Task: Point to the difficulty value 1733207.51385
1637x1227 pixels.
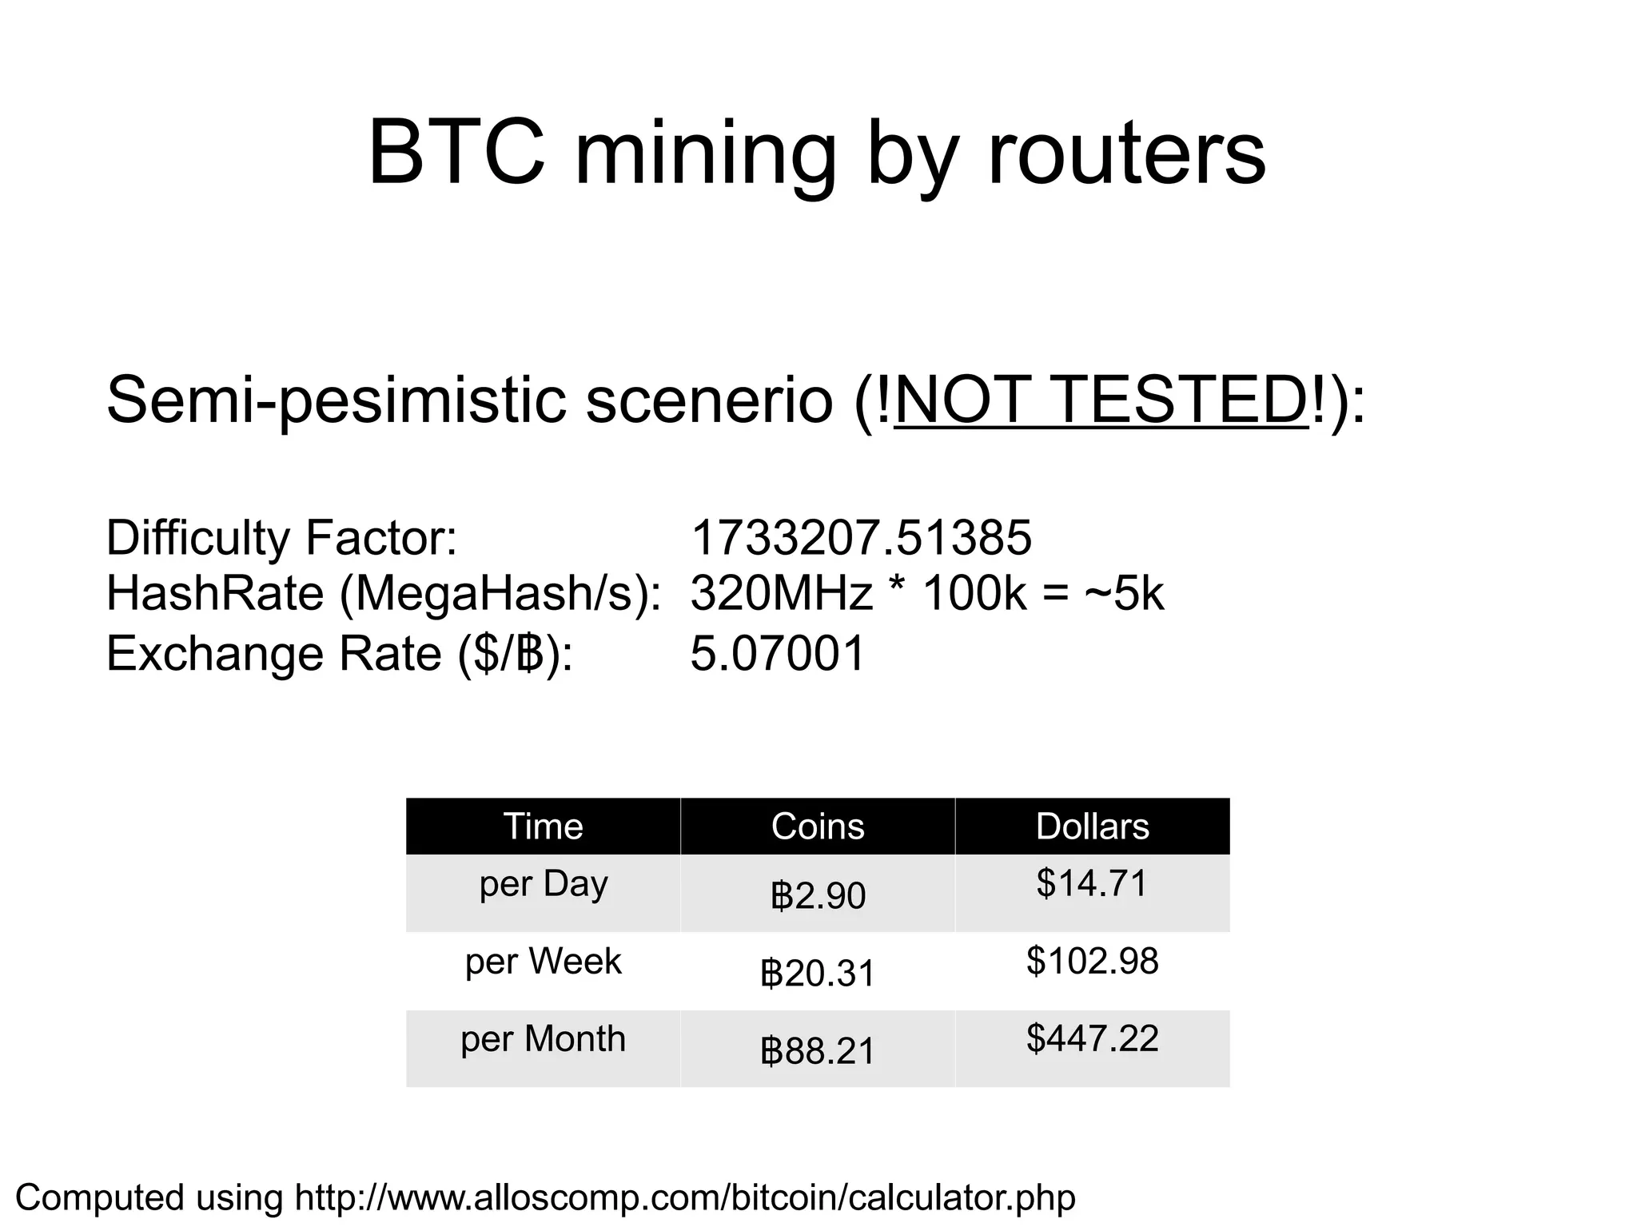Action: click(861, 537)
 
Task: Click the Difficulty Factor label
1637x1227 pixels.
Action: click(281, 537)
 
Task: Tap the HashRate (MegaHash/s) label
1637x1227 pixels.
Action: click(384, 594)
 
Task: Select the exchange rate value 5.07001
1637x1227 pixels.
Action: click(778, 653)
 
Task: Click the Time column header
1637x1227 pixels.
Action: click(543, 826)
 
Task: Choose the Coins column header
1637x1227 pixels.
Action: click(818, 826)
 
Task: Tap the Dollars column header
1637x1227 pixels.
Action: click(1092, 826)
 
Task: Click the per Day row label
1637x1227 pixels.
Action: click(544, 884)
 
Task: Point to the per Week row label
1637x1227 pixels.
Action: click(544, 961)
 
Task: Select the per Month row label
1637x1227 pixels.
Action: click(544, 1038)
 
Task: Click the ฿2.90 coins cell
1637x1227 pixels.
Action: click(818, 895)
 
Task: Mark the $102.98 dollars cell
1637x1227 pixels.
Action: click(1092, 961)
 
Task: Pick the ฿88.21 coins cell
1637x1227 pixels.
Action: click(818, 1050)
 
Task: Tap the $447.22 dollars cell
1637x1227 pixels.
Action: click(1092, 1038)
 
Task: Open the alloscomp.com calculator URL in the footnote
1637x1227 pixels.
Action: click(685, 1197)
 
